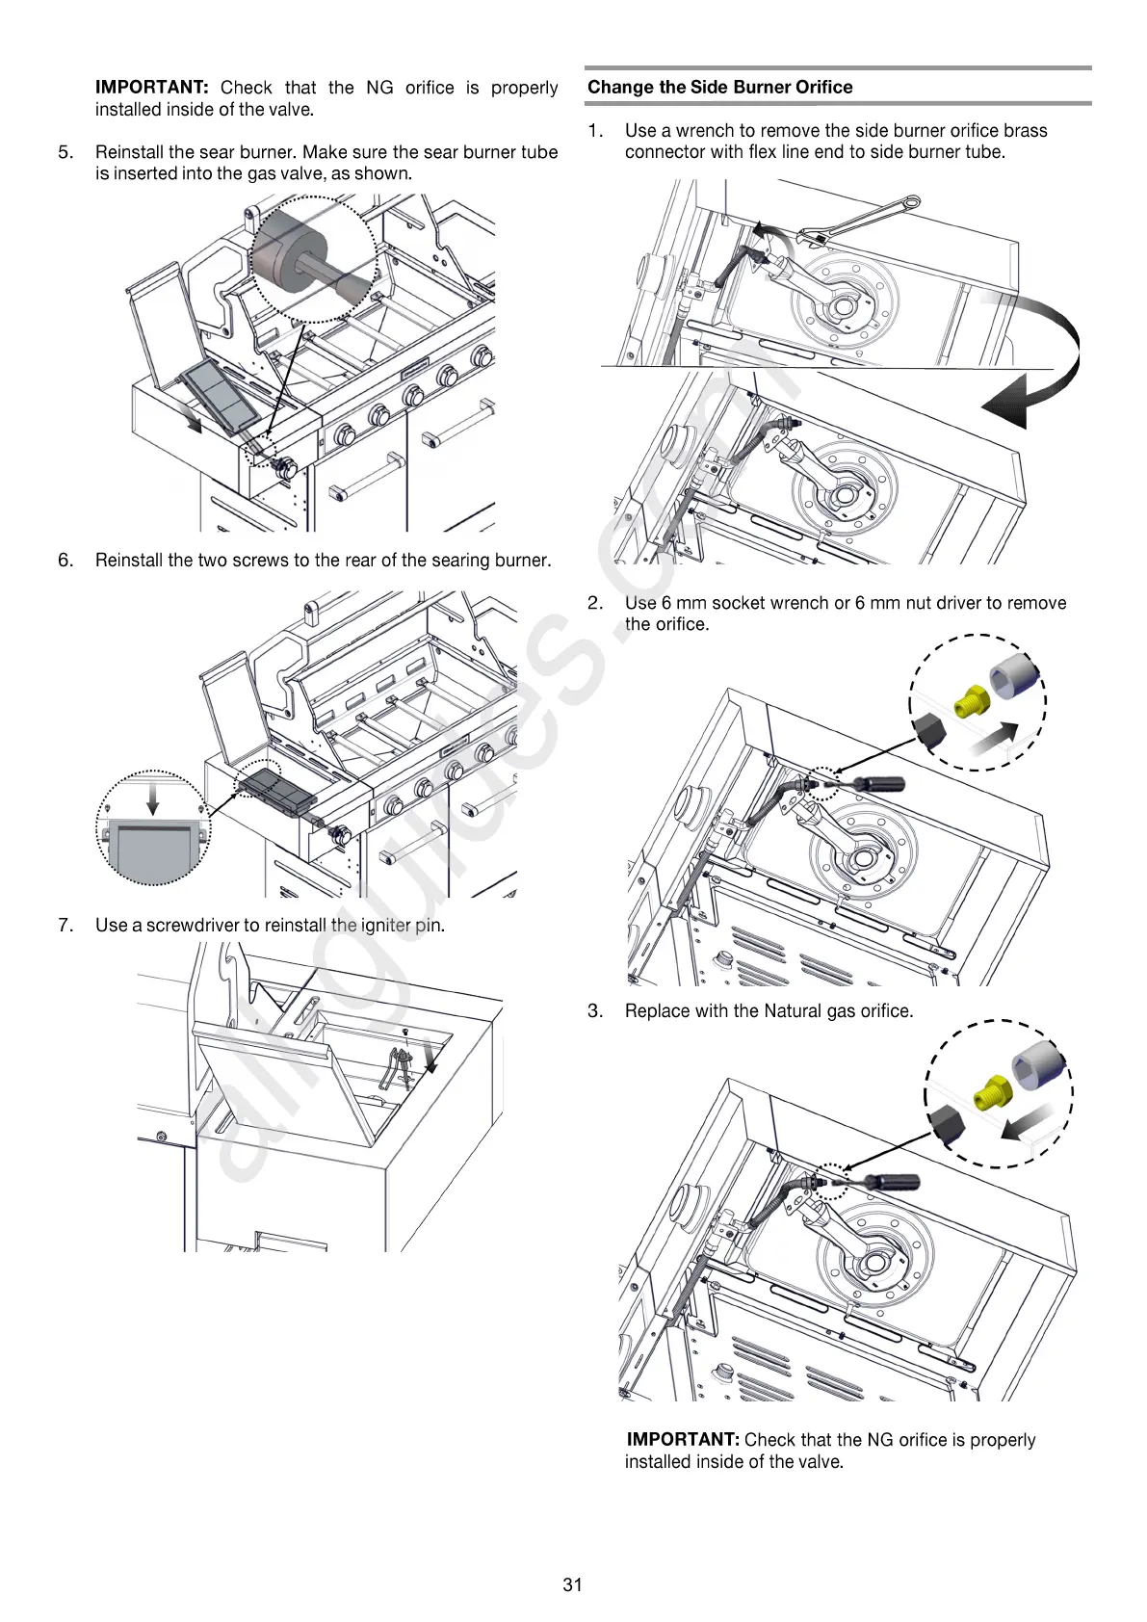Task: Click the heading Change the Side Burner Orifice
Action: [x=719, y=87]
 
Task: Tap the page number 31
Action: [x=572, y=1584]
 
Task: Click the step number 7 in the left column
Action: [x=65, y=926]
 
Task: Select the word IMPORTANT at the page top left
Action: [x=151, y=88]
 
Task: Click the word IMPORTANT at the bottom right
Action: [x=682, y=1439]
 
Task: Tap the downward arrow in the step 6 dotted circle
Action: [x=151, y=798]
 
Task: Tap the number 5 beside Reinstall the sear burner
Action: [x=65, y=152]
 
